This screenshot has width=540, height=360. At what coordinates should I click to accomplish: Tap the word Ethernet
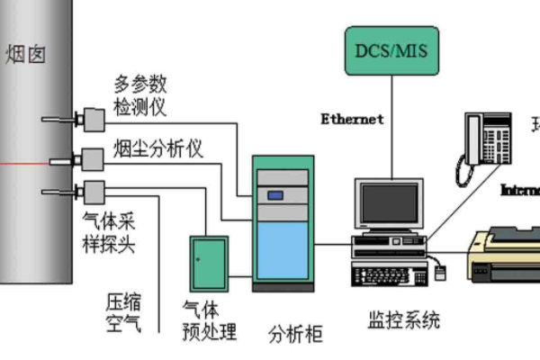tap(353, 119)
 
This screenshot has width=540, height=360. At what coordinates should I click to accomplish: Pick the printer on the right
tap(504, 255)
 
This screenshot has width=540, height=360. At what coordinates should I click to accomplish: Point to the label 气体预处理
tap(209, 319)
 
